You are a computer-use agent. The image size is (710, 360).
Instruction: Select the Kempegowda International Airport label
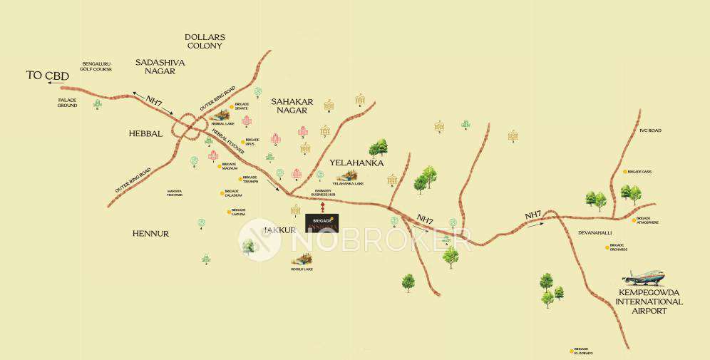649,302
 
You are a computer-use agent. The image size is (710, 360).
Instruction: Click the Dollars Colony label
205,41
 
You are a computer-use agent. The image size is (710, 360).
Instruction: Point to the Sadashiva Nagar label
160,66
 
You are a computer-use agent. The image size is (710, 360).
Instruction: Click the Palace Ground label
68,103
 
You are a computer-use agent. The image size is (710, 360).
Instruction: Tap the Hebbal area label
146,133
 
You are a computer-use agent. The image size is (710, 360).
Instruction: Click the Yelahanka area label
357,163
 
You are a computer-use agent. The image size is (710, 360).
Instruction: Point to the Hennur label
150,233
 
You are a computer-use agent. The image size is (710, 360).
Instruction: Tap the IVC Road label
650,130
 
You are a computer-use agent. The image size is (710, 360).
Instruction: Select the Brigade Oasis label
640,172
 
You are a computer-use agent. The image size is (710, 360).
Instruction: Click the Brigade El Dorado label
583,351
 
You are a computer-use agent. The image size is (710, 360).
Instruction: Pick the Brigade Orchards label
617,248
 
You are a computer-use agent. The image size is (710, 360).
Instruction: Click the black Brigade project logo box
321,222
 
